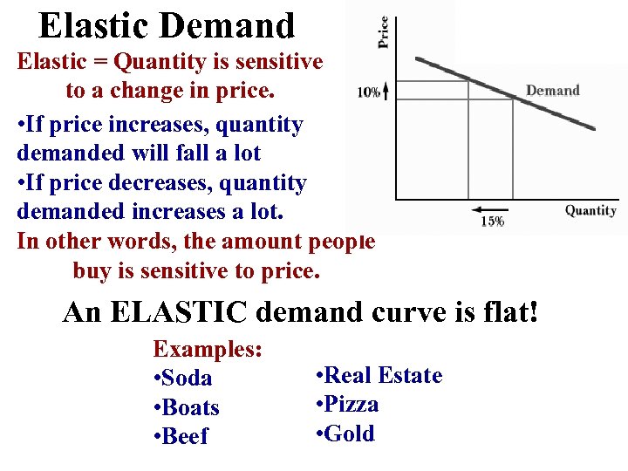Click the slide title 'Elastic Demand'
167,25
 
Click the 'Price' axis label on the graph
383,33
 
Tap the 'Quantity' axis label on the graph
590,210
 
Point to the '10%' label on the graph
368,92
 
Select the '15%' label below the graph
492,222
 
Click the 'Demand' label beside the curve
552,91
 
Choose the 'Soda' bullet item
182,379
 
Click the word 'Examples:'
208,350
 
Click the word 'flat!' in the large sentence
507,311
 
